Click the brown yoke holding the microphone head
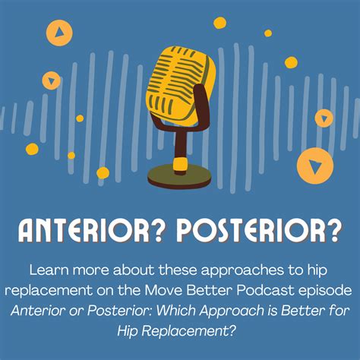[199, 106]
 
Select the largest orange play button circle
[314, 166]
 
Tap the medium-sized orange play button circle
[59, 32]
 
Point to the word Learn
[47, 270]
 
